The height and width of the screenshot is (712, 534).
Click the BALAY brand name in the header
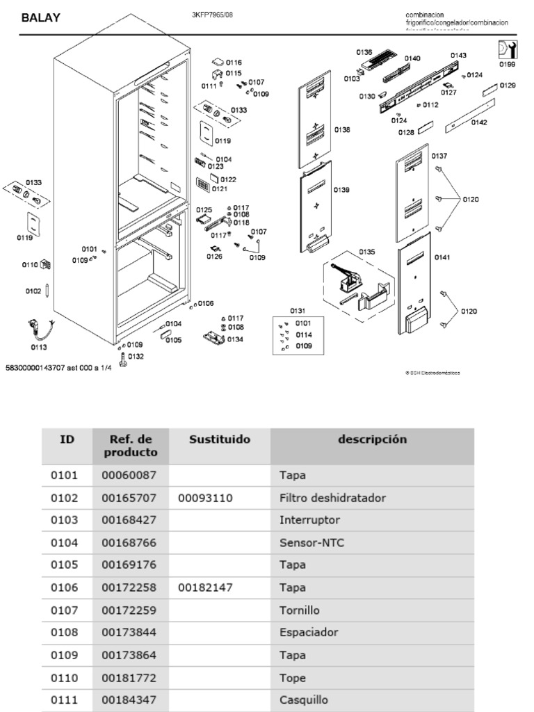click(x=40, y=18)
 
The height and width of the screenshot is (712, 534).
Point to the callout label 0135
click(x=366, y=251)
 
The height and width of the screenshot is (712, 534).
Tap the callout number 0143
click(x=458, y=55)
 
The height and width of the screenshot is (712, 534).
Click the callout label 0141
click(x=442, y=258)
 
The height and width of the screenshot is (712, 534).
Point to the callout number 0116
click(x=233, y=63)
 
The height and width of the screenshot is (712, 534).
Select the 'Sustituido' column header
click(x=220, y=439)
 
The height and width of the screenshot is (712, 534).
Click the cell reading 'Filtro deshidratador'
click(x=332, y=499)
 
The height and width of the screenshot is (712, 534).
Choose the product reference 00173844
click(x=129, y=633)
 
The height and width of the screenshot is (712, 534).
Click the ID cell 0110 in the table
click(x=64, y=679)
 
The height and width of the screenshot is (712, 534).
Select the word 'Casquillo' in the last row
click(x=303, y=701)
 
